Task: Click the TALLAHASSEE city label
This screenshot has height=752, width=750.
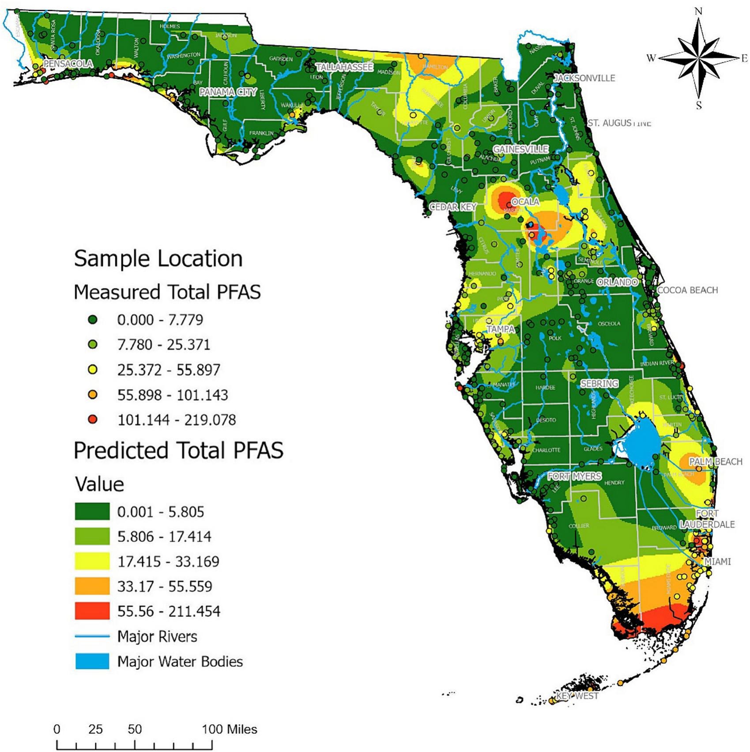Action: tap(344, 67)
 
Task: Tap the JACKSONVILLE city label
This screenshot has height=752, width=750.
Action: tap(584, 78)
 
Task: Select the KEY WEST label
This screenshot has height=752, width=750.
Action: tap(577, 696)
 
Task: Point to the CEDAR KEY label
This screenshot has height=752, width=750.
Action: tap(453, 207)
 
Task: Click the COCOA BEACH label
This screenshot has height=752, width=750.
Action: tap(687, 290)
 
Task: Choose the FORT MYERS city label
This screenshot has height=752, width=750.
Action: tap(574, 476)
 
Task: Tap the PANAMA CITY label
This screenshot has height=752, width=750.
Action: tap(228, 92)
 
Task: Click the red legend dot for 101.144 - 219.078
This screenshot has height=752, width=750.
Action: tap(93, 419)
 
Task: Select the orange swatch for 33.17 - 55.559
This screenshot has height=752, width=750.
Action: tap(92, 586)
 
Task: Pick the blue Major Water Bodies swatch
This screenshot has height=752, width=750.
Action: tap(92, 661)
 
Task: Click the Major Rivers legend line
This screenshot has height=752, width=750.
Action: tap(92, 636)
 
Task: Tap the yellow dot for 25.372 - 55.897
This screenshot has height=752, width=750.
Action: tap(93, 370)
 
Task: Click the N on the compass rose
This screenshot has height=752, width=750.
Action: tap(698, 11)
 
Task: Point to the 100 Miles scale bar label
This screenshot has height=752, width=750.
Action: tap(230, 729)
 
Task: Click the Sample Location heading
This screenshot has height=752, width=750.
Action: tap(158, 259)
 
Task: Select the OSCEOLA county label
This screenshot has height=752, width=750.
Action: tap(609, 324)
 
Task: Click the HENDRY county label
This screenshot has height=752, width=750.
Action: tap(614, 483)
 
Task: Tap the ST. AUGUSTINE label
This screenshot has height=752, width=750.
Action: tap(619, 123)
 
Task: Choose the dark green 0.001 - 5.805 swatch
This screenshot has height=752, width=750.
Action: tap(92, 512)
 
